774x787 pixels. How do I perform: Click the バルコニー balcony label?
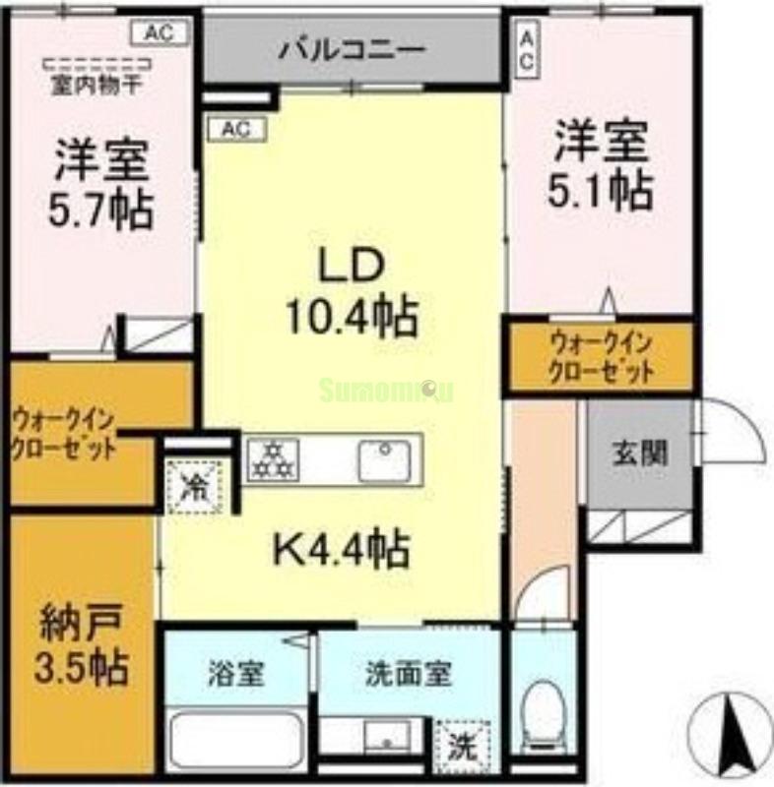click(351, 48)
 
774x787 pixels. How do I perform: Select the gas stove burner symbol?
click(273, 458)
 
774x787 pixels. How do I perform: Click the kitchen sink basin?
click(384, 460)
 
